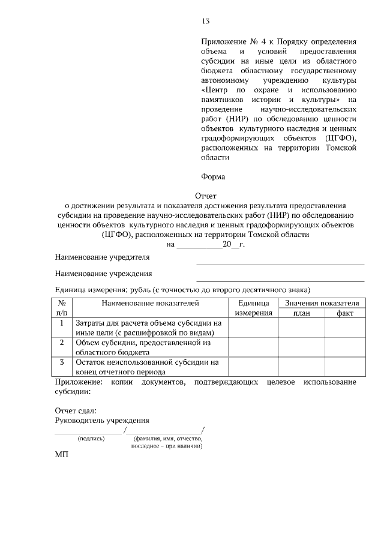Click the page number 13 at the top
click(206, 22)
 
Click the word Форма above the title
click(212, 176)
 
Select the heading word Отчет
click(205, 196)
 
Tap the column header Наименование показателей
click(149, 304)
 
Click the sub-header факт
click(345, 313)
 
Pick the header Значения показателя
click(322, 304)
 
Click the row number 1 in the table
click(62, 323)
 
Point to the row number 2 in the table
click(62, 343)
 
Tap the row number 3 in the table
click(62, 362)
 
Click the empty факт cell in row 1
click(345, 328)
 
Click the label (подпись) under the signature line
click(91, 439)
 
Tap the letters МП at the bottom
click(62, 455)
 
